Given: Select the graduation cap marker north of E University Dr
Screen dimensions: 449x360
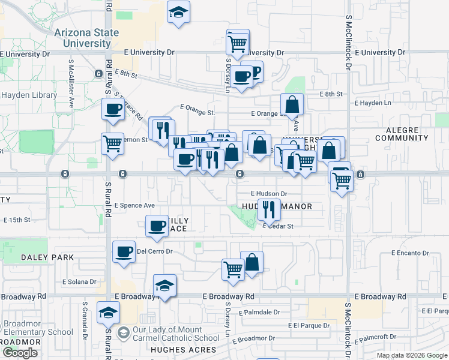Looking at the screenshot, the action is click(178, 12).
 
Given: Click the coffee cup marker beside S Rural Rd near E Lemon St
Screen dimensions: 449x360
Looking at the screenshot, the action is click(113, 109).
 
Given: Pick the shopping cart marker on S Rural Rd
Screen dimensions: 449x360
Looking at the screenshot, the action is click(113, 144).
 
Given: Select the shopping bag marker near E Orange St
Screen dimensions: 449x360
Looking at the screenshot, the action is click(292, 104).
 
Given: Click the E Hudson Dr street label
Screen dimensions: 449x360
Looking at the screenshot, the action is click(268, 194).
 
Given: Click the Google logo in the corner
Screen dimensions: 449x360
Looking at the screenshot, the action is click(20, 353).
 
